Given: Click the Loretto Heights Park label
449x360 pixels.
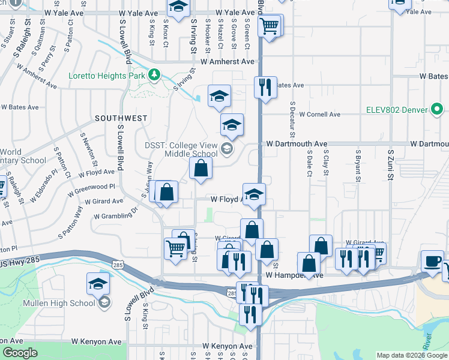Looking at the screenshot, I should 107,76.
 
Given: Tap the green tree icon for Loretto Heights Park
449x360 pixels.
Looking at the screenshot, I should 155,74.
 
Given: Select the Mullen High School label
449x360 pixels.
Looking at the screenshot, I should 59,303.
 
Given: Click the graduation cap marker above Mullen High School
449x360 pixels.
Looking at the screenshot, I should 98,284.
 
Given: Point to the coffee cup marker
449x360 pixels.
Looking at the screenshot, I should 432,262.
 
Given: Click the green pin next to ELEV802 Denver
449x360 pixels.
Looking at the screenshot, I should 438,110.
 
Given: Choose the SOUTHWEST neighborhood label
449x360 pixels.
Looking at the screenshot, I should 120,119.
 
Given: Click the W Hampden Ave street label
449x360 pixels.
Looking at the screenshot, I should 294,275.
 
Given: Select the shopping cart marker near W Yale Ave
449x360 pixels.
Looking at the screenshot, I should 270,26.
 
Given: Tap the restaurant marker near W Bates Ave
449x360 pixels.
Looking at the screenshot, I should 265,88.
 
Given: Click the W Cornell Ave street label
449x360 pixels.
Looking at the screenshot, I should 319,114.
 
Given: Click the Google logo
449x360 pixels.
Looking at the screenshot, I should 20,353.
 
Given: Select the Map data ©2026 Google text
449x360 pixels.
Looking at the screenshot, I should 412,355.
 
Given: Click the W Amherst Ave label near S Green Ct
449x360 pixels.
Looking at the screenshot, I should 228,62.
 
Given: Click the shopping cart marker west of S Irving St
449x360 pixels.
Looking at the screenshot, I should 175,247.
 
